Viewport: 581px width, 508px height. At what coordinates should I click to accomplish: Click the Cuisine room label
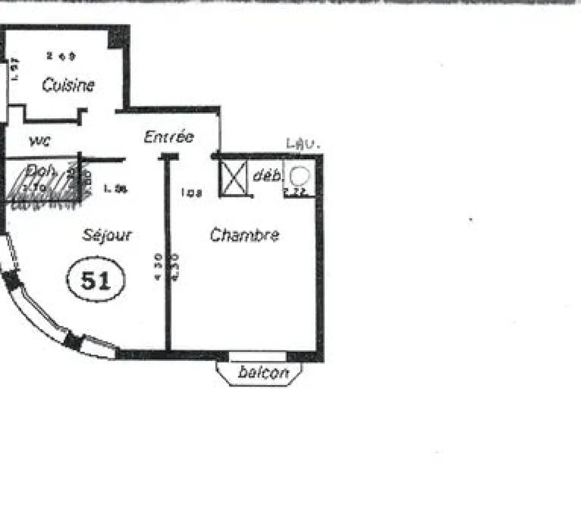point(68,85)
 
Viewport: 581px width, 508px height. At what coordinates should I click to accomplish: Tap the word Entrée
point(168,137)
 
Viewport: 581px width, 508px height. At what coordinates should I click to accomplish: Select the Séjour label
point(107,236)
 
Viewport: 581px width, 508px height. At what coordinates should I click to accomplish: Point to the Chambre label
point(245,235)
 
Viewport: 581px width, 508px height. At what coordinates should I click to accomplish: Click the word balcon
point(263,372)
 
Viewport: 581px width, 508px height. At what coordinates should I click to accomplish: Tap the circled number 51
point(95,280)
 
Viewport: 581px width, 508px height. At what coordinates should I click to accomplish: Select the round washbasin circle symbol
point(299,174)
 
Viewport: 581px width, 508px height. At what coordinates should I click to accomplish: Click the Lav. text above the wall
point(303,144)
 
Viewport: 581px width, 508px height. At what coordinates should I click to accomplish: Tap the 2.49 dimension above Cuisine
point(61,56)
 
